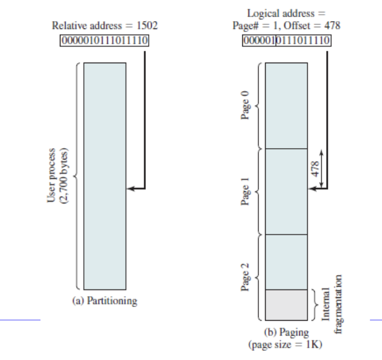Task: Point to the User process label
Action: (51, 176)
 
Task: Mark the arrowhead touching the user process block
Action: (129, 188)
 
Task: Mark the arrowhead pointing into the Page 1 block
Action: (311, 189)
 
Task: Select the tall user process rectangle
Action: (104, 176)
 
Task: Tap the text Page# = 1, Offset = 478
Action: (288, 31)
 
